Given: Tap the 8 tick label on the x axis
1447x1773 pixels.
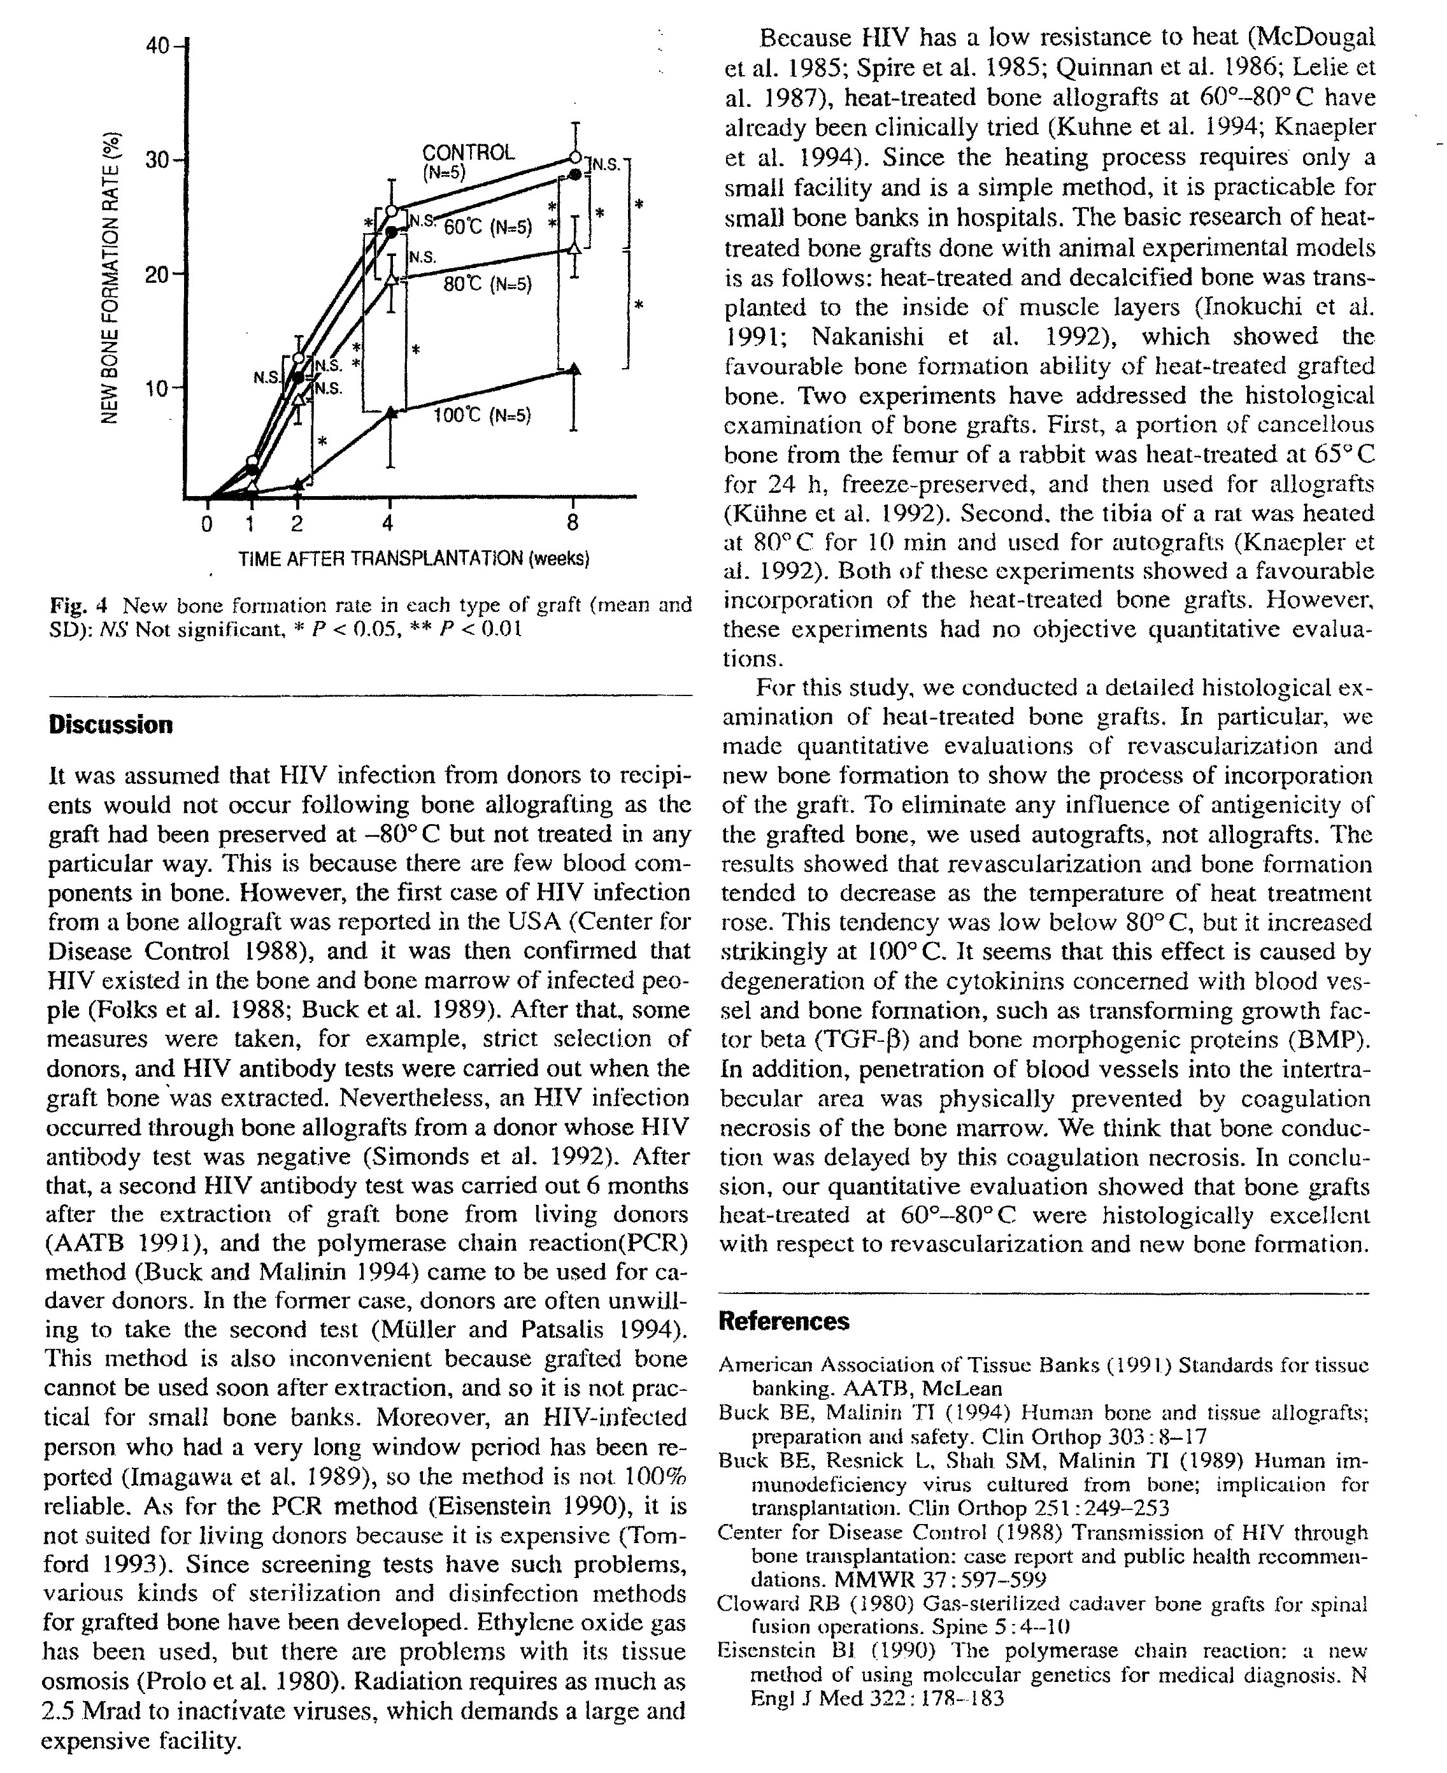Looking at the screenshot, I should [573, 524].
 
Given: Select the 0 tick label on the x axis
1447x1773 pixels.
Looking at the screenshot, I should [208, 524].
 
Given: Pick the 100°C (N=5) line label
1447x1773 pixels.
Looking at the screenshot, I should [481, 415].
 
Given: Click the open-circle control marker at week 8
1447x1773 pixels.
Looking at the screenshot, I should [575, 157].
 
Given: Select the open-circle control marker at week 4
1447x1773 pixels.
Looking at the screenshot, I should [391, 211].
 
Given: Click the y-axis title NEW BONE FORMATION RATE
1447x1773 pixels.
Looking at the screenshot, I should [108, 277].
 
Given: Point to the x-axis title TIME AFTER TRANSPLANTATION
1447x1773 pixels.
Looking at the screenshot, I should [413, 559].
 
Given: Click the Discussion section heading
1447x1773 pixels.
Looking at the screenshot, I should [111, 724].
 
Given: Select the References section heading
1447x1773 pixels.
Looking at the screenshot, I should [783, 1321].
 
